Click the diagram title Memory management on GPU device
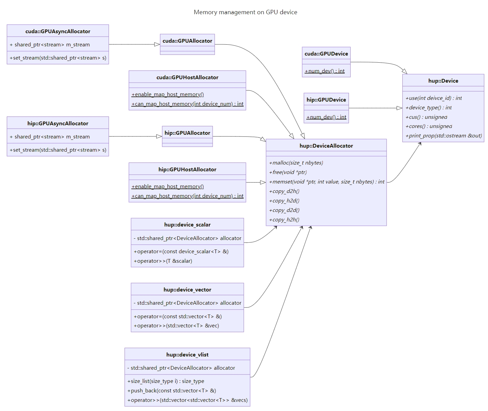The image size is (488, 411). click(245, 12)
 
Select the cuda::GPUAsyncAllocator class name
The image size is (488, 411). click(58, 31)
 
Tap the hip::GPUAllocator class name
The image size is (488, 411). click(187, 133)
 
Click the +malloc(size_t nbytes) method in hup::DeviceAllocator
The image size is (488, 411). click(296, 163)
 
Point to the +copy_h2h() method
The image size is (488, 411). click(284, 220)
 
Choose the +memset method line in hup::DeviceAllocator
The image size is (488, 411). click(327, 182)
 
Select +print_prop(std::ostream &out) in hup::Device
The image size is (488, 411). click(444, 136)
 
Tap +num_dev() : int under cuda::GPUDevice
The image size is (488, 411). click(325, 71)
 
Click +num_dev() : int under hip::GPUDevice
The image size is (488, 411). click(326, 117)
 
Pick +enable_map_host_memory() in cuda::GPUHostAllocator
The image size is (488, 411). click(168, 94)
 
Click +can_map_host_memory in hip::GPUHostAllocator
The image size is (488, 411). click(187, 196)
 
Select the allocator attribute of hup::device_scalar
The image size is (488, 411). click(187, 238)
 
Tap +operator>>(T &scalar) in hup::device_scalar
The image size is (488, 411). click(163, 261)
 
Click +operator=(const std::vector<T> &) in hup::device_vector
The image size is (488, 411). click(178, 317)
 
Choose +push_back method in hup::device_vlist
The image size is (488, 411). click(172, 391)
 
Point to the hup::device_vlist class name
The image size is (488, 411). click(187, 354)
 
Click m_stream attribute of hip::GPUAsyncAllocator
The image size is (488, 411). click(50, 137)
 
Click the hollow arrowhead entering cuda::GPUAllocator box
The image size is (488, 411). click(157, 44)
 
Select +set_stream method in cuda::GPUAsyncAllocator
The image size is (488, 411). click(58, 58)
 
